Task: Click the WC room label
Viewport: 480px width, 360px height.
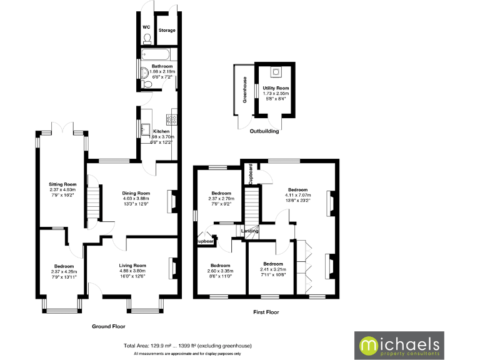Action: tap(146, 27)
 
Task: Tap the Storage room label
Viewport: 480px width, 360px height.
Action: tap(167, 30)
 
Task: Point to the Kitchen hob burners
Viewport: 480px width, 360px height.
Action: tap(171, 118)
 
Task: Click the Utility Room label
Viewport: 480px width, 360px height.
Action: tap(275, 89)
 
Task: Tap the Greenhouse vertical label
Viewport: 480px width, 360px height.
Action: tap(246, 89)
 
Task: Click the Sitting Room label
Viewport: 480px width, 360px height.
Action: tap(62, 184)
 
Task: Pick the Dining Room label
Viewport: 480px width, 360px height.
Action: tap(136, 193)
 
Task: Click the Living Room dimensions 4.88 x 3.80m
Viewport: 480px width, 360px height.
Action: tap(132, 271)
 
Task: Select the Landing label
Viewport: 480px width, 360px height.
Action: tap(250, 232)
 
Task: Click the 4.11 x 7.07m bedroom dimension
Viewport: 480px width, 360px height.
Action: tap(297, 195)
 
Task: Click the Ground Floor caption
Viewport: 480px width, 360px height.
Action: tap(109, 326)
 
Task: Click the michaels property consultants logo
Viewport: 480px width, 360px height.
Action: tap(414, 345)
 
